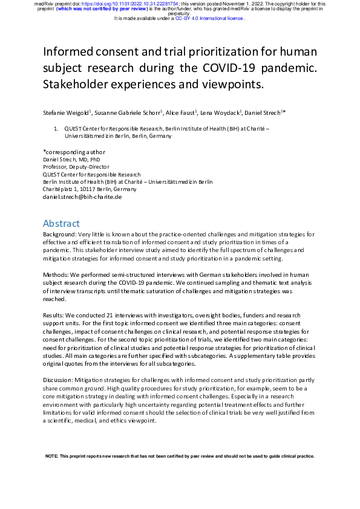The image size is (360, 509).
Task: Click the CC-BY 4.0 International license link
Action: (x=209, y=19)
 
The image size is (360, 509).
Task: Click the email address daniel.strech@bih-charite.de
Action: (x=82, y=196)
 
